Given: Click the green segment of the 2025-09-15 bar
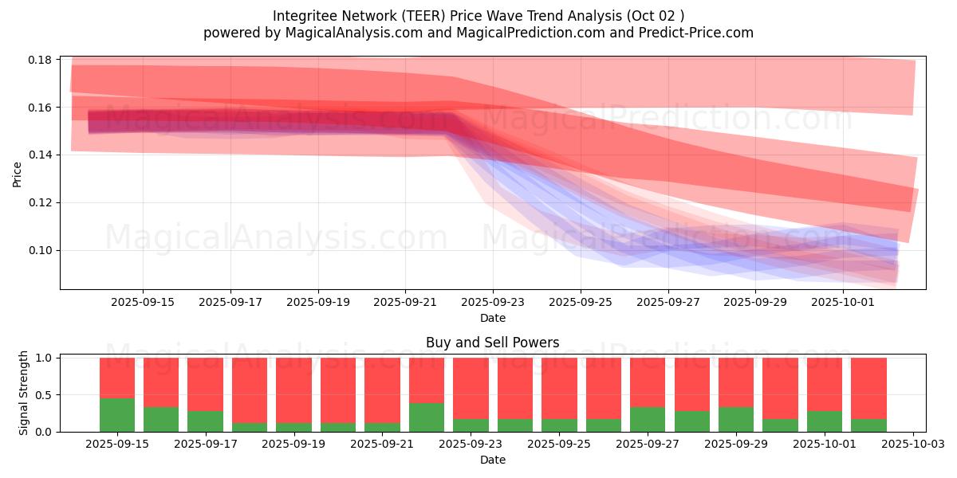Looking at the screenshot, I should (117, 414).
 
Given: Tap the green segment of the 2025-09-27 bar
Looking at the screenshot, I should (648, 419).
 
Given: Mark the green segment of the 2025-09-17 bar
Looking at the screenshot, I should (206, 421).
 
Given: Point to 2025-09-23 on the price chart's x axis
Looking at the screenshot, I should (493, 302).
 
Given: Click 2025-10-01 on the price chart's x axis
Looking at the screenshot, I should (843, 302).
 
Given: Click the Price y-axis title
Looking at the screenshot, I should (18, 173).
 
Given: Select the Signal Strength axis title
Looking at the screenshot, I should (24, 393).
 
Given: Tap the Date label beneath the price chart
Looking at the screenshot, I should (493, 318).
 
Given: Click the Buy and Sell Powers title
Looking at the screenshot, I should (493, 343).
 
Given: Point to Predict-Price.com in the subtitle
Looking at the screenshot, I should (703, 33).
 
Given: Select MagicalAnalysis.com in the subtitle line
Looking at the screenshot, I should (347, 33).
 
